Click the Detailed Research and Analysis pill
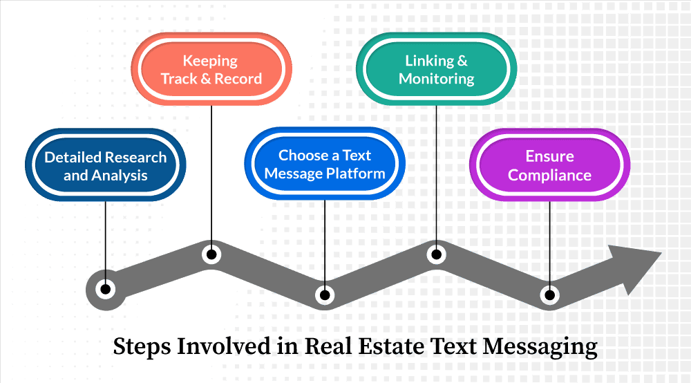tap(105, 165)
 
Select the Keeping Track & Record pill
tap(211, 69)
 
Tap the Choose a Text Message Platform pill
tap(325, 164)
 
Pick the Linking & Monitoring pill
tap(436, 69)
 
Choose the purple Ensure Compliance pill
tap(549, 165)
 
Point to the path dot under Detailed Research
tap(105, 289)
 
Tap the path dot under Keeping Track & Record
tap(211, 254)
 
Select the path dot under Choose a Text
tap(325, 295)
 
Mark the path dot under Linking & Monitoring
tap(436, 254)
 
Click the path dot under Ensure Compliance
tap(549, 295)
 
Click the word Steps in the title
tap(142, 347)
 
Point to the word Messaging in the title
tap(540, 347)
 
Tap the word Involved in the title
tap(224, 346)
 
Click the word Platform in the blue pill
tap(355, 174)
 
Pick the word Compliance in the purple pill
tap(549, 176)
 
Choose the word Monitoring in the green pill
tap(436, 79)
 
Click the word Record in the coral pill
tap(238, 79)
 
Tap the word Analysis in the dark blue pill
tap(119, 176)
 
